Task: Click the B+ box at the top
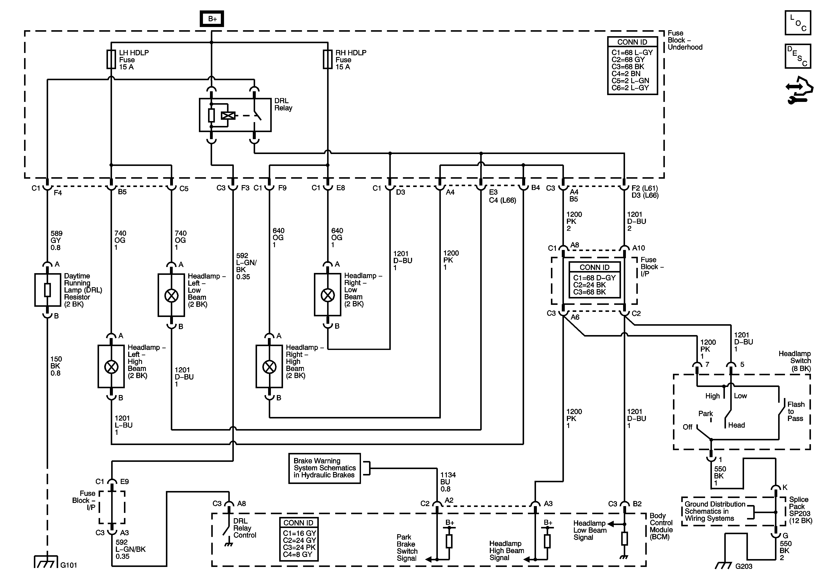click(212, 19)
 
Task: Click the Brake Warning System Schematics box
click(325, 468)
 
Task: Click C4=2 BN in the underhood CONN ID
click(626, 74)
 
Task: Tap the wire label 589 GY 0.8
click(56, 240)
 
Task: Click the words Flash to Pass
click(796, 411)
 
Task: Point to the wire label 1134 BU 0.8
click(448, 482)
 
